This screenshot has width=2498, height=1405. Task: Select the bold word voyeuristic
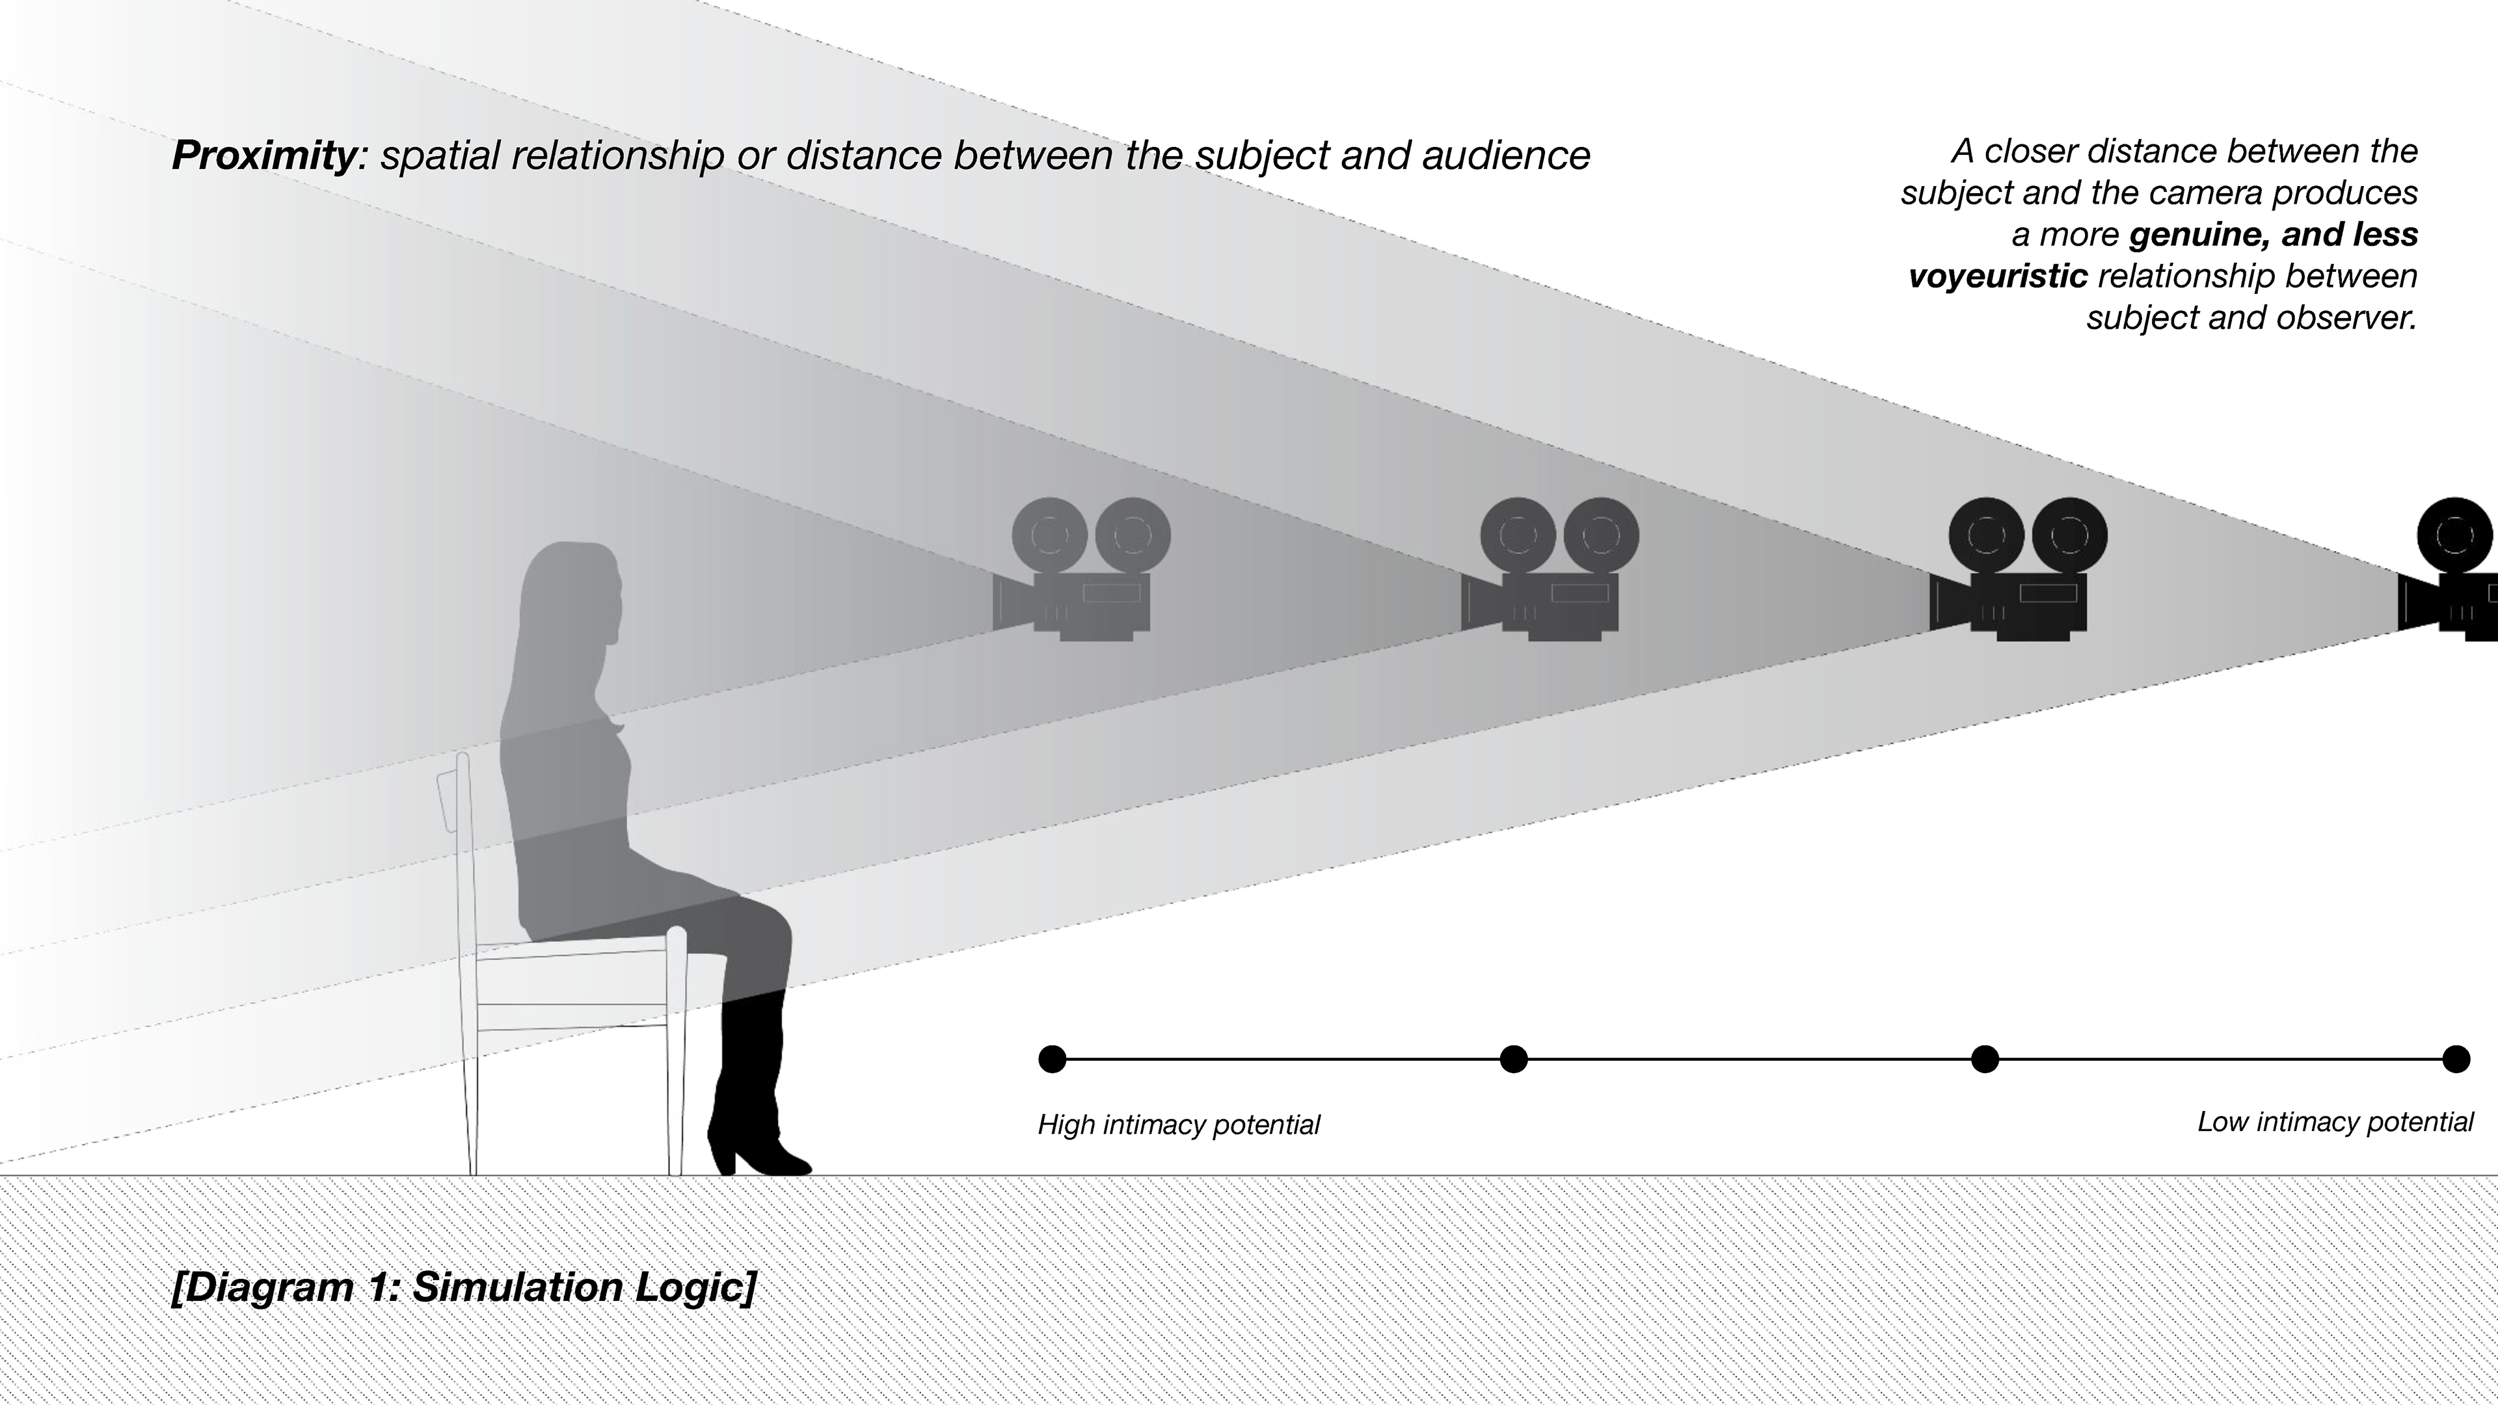(x=1998, y=276)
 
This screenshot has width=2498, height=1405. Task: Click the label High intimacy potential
(x=1178, y=1125)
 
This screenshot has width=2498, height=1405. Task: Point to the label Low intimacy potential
(x=2335, y=1122)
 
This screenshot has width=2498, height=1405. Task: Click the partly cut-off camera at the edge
(x=2453, y=572)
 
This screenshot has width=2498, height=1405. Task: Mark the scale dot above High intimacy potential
(x=1052, y=1059)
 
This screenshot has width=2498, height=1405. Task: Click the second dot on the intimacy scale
(x=1514, y=1059)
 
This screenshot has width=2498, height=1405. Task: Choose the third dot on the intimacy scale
(x=1985, y=1059)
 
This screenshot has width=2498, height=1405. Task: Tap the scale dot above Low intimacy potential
(x=2455, y=1059)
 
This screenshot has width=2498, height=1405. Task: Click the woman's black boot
(x=751, y=1086)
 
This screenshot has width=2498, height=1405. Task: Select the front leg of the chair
(x=676, y=1057)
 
